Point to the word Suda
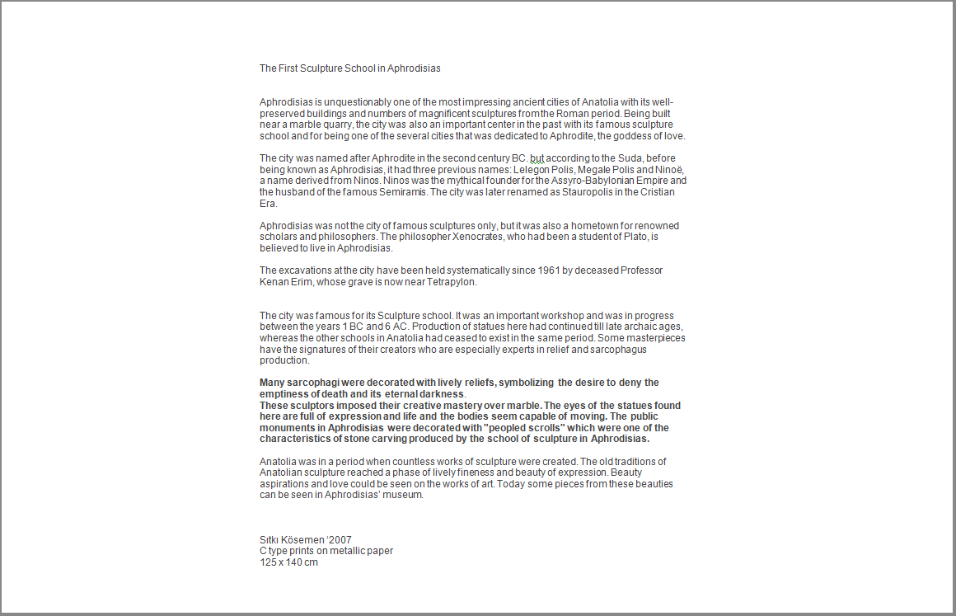[x=631, y=158]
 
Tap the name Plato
[x=631, y=237]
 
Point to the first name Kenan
[x=273, y=282]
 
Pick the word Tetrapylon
[x=452, y=282]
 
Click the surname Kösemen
[x=303, y=540]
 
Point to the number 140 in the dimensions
[x=294, y=562]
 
